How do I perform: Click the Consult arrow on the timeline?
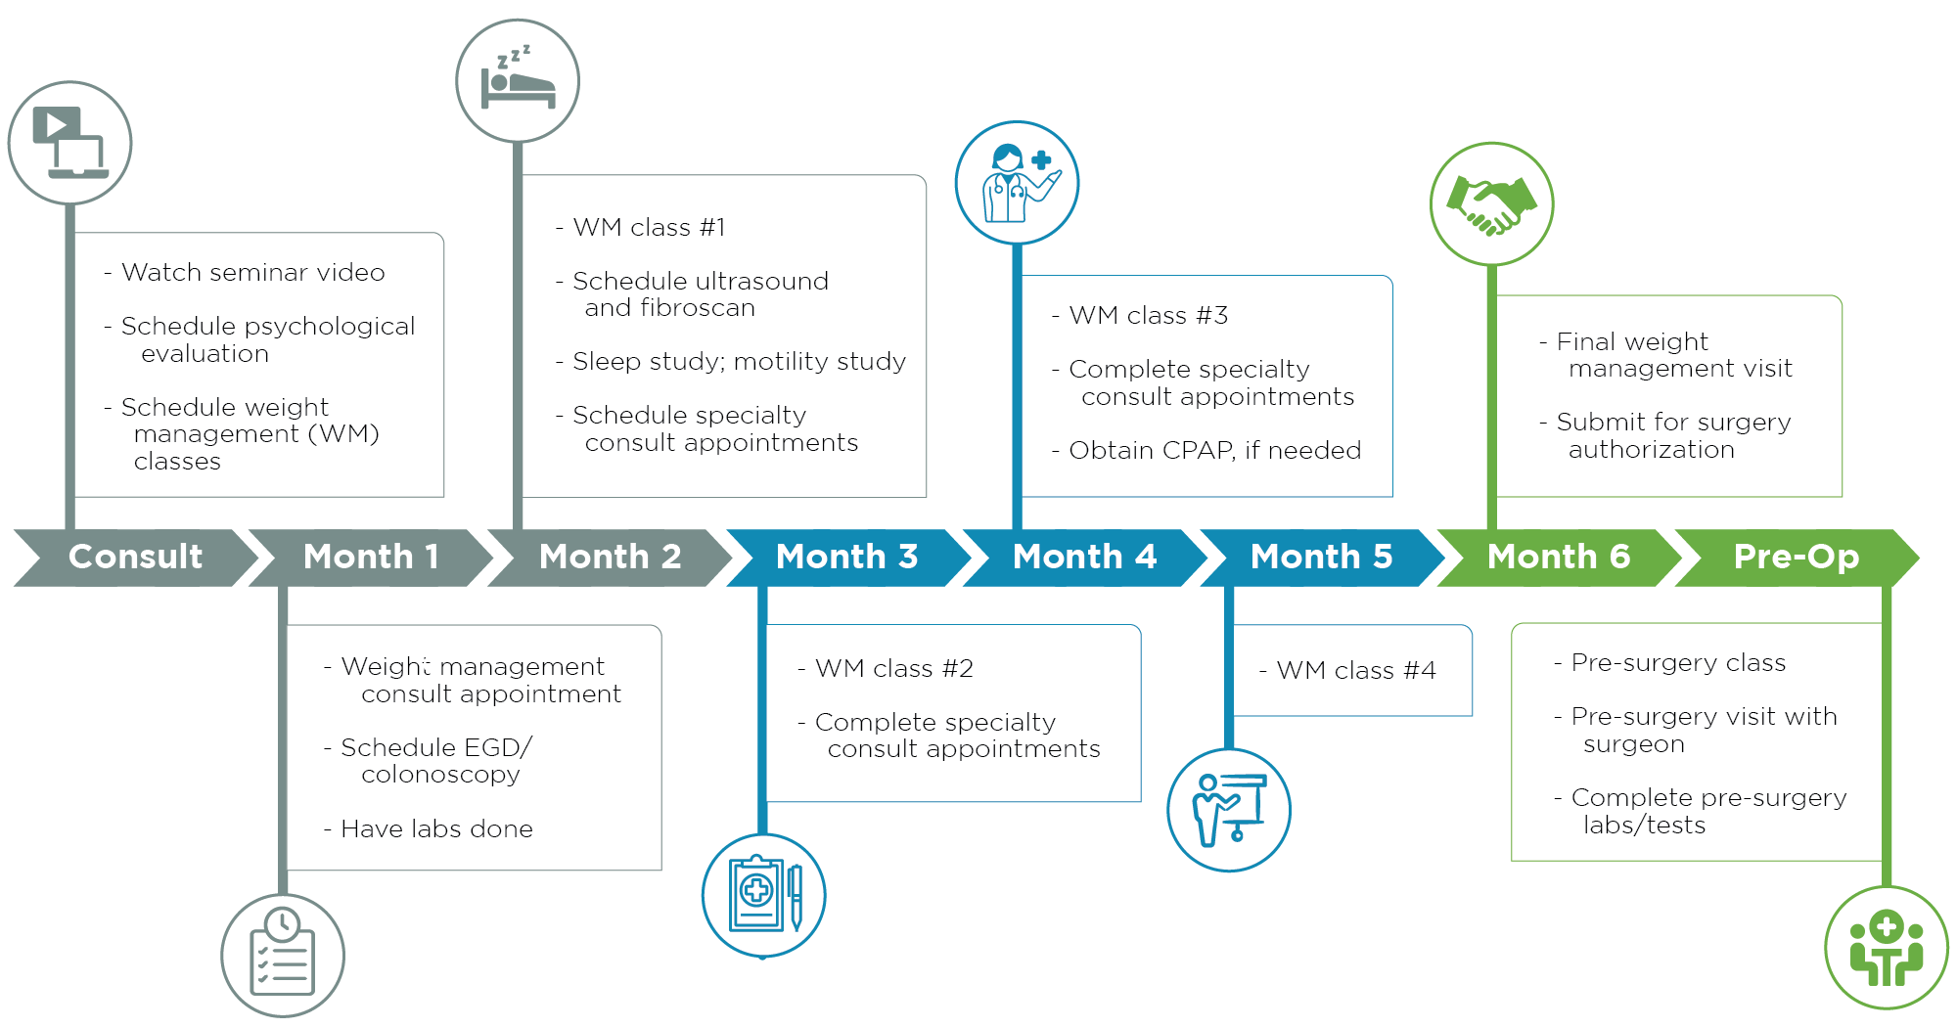[135, 557]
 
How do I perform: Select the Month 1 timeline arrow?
[371, 557]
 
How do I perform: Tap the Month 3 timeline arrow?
[846, 557]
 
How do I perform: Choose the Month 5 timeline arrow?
[1321, 557]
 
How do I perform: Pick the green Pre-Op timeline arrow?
[1796, 557]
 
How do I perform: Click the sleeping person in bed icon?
[518, 81]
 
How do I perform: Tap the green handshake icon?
[1491, 203]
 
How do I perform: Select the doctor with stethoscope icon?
[1017, 183]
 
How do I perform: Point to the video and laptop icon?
[69, 143]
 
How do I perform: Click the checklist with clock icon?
[283, 955]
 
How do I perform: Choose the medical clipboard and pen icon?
[764, 895]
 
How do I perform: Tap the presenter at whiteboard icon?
[1229, 810]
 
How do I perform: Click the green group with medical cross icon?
[1887, 947]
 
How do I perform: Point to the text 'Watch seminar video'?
[252, 272]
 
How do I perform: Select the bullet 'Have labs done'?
[436, 828]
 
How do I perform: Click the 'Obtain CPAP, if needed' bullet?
[1214, 450]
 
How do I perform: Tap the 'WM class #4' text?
[1355, 670]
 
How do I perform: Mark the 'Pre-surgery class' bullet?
[1678, 662]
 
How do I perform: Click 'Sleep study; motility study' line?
[739, 361]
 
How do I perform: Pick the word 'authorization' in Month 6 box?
[1652, 449]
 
